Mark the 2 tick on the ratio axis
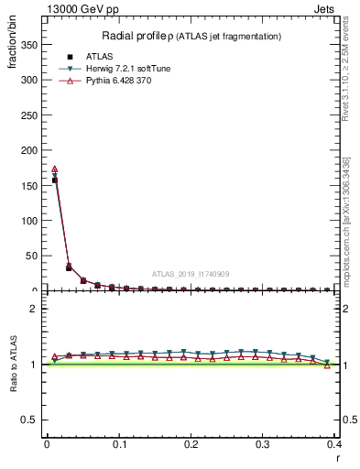35,309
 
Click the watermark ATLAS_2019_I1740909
190,274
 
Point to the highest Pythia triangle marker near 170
54,169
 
